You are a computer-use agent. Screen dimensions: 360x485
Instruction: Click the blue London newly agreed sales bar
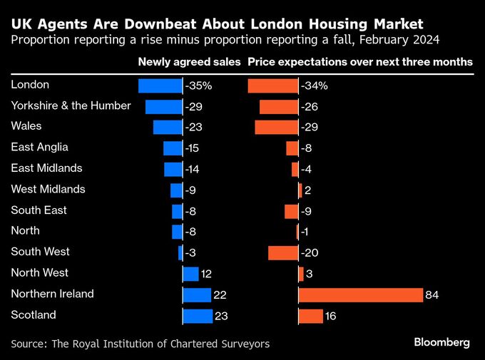click(x=160, y=86)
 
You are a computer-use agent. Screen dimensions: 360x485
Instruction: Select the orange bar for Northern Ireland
click(x=361, y=294)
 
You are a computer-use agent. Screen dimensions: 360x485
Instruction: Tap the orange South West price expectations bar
click(x=283, y=253)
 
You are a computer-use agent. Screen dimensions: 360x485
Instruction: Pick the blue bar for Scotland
click(x=198, y=316)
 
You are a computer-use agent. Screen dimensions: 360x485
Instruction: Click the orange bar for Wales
click(x=277, y=128)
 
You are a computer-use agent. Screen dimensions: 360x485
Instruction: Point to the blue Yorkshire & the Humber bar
click(x=164, y=107)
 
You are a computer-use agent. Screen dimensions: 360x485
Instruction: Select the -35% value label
click(x=198, y=86)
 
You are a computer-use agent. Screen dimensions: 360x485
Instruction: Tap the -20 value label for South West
click(x=311, y=253)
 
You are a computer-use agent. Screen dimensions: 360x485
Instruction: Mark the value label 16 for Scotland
click(x=330, y=316)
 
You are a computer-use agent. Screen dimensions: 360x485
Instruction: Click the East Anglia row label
click(x=40, y=147)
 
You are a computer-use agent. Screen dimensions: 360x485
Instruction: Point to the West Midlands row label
click(x=48, y=189)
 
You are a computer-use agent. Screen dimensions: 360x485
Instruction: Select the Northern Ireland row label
click(x=53, y=294)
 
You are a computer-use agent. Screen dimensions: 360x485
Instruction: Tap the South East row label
click(x=39, y=210)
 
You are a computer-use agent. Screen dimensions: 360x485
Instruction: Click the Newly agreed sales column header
click(x=189, y=62)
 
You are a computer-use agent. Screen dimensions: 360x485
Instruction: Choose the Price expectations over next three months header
click(x=360, y=62)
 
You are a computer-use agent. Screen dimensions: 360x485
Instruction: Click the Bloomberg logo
click(x=441, y=342)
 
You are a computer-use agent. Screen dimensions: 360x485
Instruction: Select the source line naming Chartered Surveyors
click(x=141, y=344)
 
